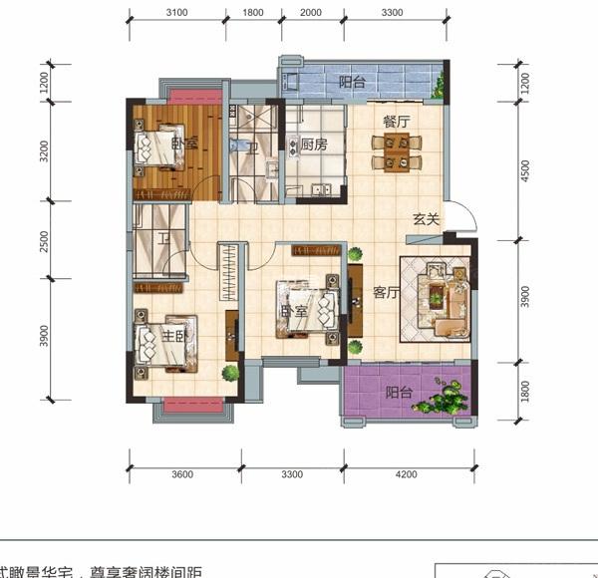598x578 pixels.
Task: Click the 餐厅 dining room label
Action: coord(397,122)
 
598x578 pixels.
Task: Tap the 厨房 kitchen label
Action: coord(315,144)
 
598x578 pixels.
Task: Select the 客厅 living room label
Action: coord(386,292)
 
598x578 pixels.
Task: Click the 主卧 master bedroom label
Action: coord(175,336)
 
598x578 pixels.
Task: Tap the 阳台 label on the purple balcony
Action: coord(399,393)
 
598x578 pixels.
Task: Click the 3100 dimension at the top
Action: coord(177,13)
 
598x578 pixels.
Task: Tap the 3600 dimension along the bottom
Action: coord(181,475)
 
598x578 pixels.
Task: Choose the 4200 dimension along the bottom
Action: coord(406,475)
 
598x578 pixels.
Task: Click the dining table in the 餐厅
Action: coord(397,152)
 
